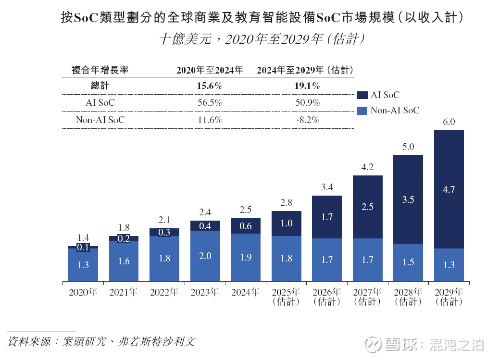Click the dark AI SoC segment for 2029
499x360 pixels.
pyautogui.click(x=449, y=189)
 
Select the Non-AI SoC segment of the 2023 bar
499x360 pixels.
pyautogui.click(x=205, y=256)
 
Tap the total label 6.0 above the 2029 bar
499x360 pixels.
pyautogui.click(x=449, y=122)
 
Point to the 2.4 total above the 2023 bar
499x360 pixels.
pyautogui.click(x=205, y=212)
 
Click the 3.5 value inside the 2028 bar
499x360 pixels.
pyautogui.click(x=408, y=199)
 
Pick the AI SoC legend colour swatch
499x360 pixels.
pyautogui.click(x=362, y=95)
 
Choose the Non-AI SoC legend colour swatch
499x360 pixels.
pyautogui.click(x=362, y=111)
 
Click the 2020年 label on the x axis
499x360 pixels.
pyautogui.click(x=83, y=292)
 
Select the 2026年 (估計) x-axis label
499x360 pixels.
pyautogui.click(x=327, y=297)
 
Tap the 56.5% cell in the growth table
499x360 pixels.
pyautogui.click(x=210, y=103)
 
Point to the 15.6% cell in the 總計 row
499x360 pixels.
pyautogui.click(x=210, y=86)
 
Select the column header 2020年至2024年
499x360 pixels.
pyautogui.click(x=210, y=70)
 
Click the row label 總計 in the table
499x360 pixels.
pyautogui.click(x=100, y=86)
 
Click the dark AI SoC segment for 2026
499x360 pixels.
pyautogui.click(x=327, y=217)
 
